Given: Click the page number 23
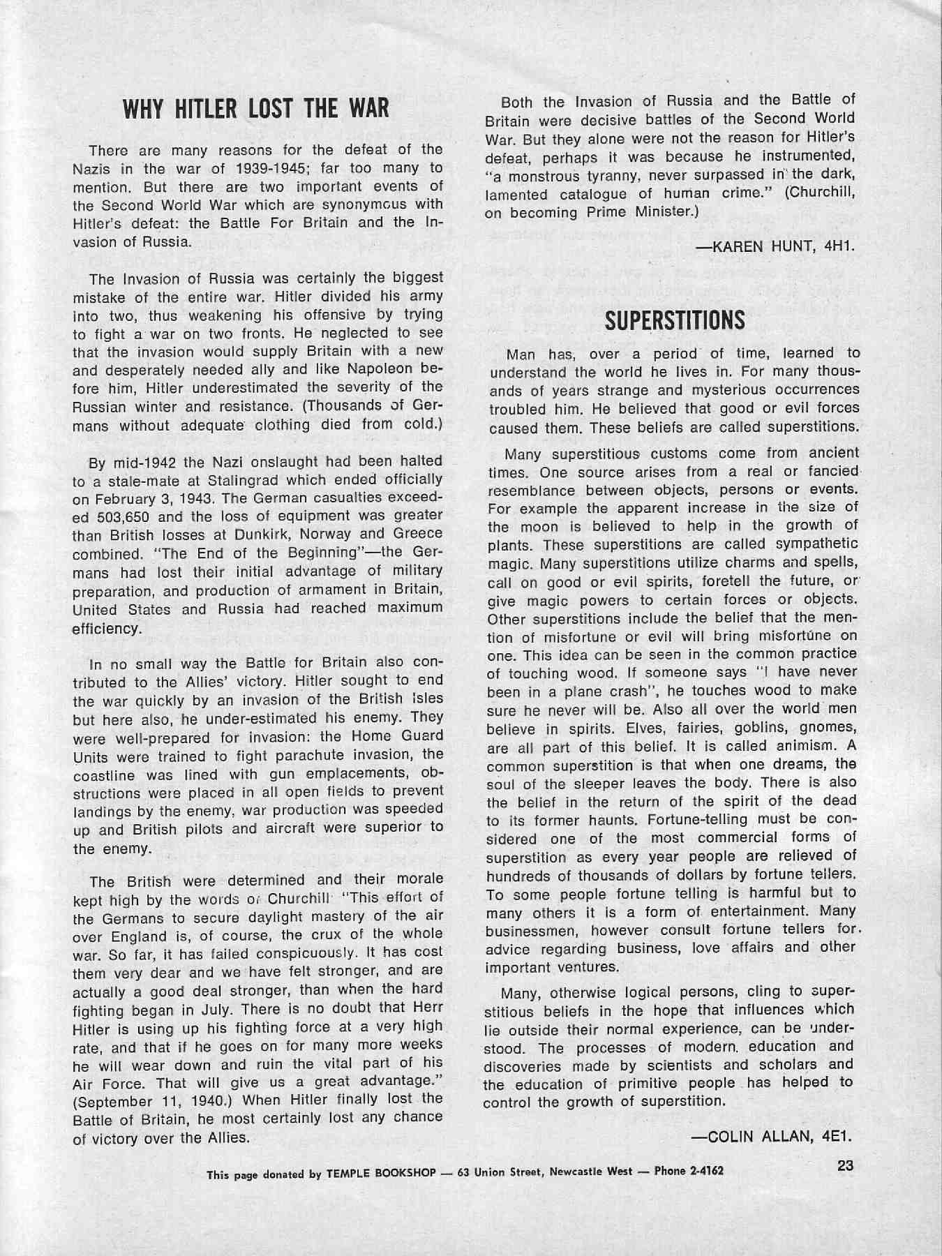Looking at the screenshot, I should point(846,1165).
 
